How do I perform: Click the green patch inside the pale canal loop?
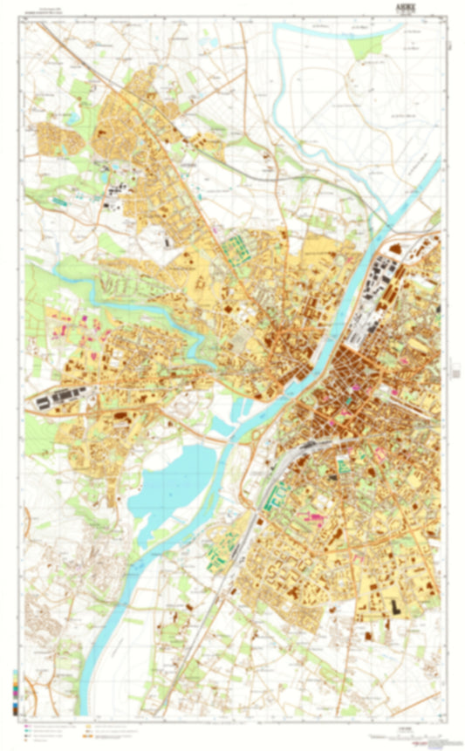[x=367, y=45]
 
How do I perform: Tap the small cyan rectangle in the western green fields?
[x=58, y=201]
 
